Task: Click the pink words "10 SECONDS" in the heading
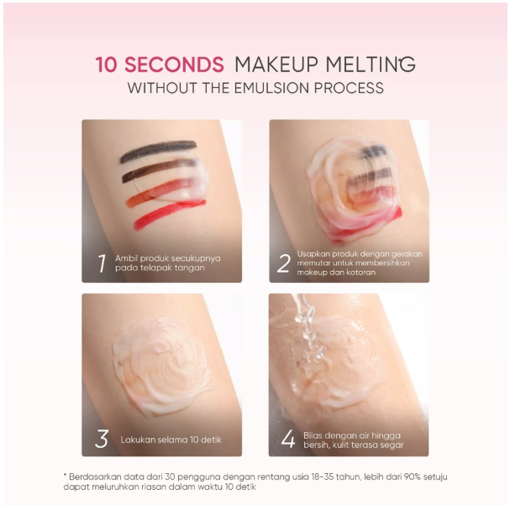[x=160, y=65]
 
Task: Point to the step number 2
[x=283, y=263]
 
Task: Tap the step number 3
[x=101, y=440]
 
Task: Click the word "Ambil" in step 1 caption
[x=125, y=258]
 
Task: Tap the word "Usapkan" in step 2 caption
[x=313, y=252]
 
